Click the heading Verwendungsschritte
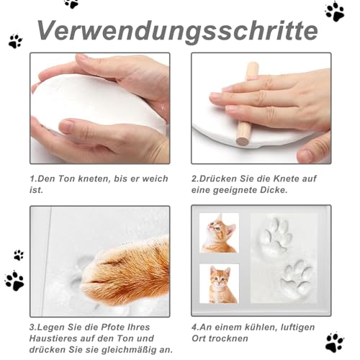(177, 30)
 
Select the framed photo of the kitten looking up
(219, 232)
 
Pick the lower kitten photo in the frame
(219, 284)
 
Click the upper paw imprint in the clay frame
(276, 234)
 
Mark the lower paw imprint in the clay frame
(296, 280)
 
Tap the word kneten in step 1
(96, 179)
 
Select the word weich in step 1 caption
(154, 179)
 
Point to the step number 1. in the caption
(35, 179)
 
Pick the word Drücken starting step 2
(217, 179)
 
